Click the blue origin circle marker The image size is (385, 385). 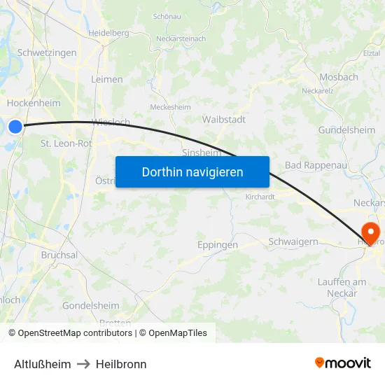(x=15, y=126)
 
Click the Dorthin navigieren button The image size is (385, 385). (x=192, y=171)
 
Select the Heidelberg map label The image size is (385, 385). (x=108, y=33)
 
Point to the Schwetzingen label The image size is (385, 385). (x=46, y=53)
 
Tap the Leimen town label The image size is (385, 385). (x=106, y=80)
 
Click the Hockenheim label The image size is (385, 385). (x=33, y=103)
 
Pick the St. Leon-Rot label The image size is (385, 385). (x=66, y=143)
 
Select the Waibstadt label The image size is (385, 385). (x=223, y=120)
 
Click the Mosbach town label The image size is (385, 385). (x=338, y=78)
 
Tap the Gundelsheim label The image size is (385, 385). (x=346, y=130)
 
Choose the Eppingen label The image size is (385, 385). (x=217, y=245)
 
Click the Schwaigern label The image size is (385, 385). (x=293, y=241)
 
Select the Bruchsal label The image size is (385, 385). (x=59, y=255)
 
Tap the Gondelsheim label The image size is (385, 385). (x=90, y=306)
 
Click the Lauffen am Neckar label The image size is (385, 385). (x=342, y=288)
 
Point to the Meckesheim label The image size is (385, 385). (x=171, y=107)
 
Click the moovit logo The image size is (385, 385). (x=343, y=363)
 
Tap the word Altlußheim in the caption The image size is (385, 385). (x=42, y=364)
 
